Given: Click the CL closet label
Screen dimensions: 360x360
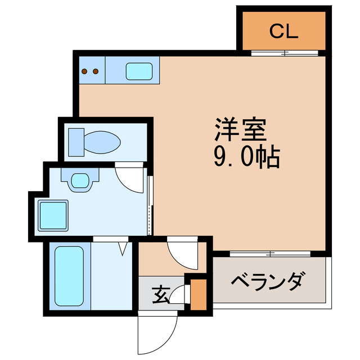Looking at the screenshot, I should [x=283, y=31].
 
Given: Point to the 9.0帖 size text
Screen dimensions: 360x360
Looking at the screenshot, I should [x=246, y=159].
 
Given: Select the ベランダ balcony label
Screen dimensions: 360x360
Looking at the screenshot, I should [x=269, y=280].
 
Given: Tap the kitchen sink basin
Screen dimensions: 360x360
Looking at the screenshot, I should [x=137, y=71].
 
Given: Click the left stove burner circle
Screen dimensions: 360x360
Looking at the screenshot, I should [x=85, y=71].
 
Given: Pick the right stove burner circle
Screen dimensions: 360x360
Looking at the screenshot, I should [x=96, y=71].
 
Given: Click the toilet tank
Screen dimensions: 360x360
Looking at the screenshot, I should [x=76, y=141].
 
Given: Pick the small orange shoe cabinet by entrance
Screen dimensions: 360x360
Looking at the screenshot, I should [x=198, y=294].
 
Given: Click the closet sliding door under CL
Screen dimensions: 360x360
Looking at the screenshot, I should [x=285, y=55].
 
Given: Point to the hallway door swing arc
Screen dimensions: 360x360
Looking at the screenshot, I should [x=182, y=252].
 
